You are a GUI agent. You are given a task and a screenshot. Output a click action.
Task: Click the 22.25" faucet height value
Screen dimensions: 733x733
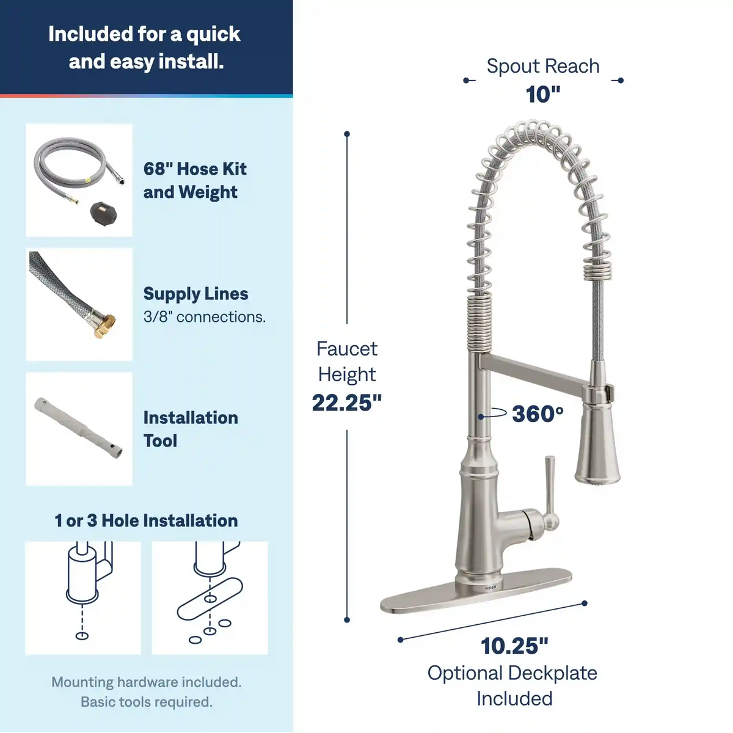pos(347,403)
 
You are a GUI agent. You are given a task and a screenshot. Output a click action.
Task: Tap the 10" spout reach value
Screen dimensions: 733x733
pos(543,94)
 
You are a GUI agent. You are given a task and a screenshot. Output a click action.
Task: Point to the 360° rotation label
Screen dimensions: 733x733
pos(538,414)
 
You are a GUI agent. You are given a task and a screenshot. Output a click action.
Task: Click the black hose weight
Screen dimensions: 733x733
pos(103,213)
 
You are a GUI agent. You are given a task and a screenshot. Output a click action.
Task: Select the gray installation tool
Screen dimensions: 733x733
pos(79,429)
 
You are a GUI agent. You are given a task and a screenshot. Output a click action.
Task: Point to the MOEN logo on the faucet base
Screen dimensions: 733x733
pos(490,588)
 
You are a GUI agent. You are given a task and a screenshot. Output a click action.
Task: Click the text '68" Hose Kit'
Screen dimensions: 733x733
pos(195,169)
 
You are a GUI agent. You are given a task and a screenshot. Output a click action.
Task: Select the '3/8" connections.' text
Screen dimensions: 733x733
pos(205,316)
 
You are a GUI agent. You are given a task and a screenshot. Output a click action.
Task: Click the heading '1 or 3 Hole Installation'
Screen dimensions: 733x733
pos(146,520)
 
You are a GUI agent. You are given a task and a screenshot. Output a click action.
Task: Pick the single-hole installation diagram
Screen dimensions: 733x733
pos(83,597)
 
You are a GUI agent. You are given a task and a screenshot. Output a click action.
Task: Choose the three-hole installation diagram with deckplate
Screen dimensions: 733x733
pos(210,597)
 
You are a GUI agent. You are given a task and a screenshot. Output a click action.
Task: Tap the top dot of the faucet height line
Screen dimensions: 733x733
pos(347,134)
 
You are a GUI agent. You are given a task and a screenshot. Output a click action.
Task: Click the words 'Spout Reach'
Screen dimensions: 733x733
pos(543,66)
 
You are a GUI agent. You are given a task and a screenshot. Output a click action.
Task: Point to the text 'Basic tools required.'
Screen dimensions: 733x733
pos(147,702)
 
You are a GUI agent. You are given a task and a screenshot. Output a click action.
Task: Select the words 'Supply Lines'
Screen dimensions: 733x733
pos(196,294)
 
